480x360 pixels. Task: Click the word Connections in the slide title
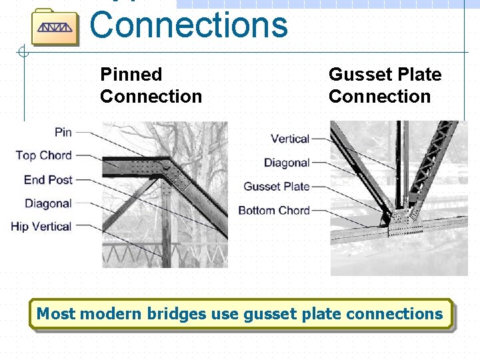188,25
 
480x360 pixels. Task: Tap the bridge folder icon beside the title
55,27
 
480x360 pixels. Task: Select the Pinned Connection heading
151,85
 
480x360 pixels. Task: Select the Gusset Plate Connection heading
385,85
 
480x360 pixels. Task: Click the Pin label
63,132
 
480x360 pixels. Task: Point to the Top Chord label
43,155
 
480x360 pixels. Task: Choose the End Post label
48,179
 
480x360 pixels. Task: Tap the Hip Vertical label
41,227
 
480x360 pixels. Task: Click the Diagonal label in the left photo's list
48,203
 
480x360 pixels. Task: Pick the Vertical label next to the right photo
290,139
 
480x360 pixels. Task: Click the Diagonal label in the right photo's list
287,163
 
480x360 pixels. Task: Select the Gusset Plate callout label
277,187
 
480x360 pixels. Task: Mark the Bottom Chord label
274,211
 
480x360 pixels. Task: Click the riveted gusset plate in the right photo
404,224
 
